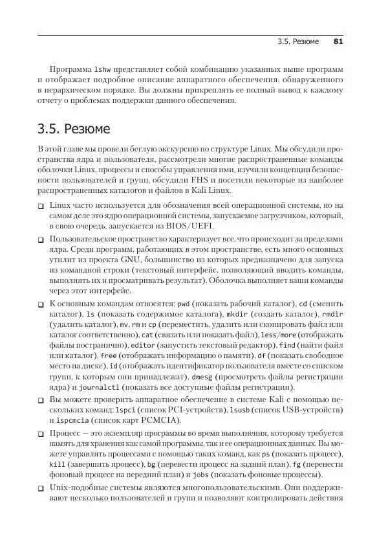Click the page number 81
(x=338, y=41)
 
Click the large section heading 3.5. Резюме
(x=74, y=129)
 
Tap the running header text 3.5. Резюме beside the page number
(x=298, y=41)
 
